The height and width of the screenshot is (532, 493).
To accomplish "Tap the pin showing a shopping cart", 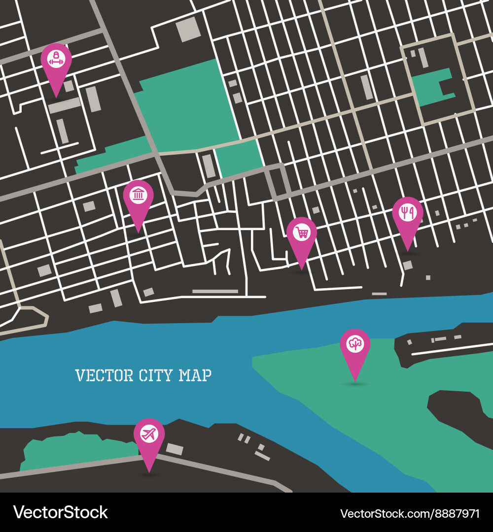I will point(302,236).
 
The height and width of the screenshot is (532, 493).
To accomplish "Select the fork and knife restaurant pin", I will point(408,217).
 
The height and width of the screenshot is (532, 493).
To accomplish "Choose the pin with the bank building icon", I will point(138,199).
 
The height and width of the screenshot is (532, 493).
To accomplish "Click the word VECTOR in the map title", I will point(104,375).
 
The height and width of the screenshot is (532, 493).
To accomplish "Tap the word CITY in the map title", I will point(156,375).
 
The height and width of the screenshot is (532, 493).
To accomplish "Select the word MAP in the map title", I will point(195,375).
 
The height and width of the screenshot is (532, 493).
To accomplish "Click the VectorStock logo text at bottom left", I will point(60,512).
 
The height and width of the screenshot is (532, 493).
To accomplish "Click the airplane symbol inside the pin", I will point(149,434).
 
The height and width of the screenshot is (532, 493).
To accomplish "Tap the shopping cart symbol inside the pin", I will point(302,232).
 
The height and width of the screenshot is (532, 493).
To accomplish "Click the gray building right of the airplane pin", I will point(175,449).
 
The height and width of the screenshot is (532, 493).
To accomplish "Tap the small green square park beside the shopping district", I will point(240,158).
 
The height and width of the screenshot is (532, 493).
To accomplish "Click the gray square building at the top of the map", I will point(188,29).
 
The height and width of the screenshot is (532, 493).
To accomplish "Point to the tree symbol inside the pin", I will point(355,344).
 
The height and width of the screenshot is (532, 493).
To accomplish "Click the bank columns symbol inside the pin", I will point(138,195).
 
